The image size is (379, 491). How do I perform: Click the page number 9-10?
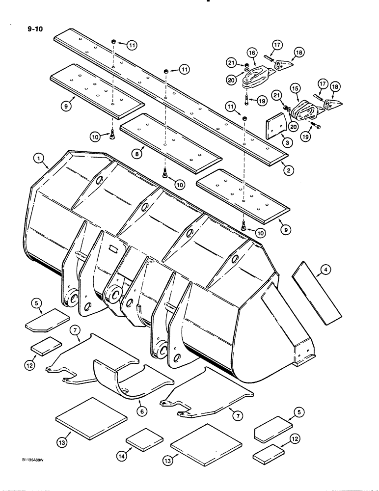35,29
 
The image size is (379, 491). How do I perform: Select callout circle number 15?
295,86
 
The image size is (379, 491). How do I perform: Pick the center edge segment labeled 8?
169,142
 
